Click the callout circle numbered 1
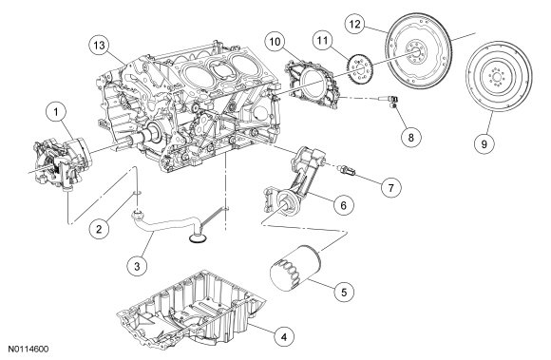tap(56, 112)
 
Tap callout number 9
tap(484, 143)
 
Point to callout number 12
tap(355, 25)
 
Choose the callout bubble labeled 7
tap(391, 187)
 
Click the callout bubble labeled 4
tap(284, 337)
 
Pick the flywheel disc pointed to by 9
tap(499, 76)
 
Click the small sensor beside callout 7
tap(347, 171)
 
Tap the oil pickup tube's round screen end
tap(198, 238)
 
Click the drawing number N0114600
tap(28, 350)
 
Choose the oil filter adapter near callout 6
tap(294, 184)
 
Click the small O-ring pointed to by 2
tap(138, 193)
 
